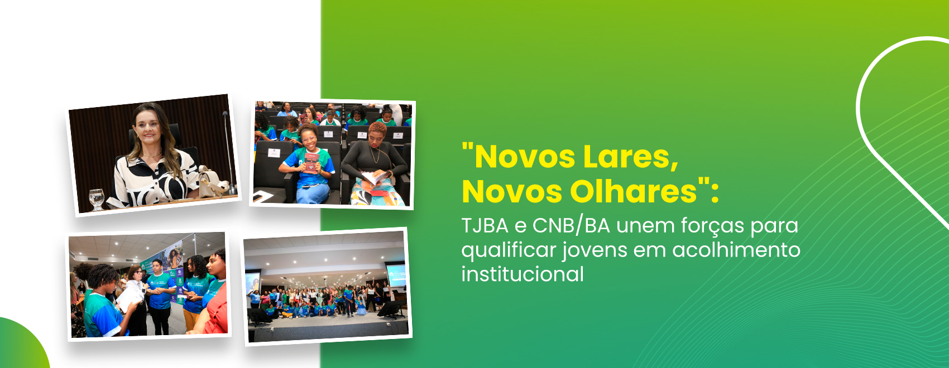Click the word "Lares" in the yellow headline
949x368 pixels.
click(x=631, y=157)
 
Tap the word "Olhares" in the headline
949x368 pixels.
click(x=634, y=192)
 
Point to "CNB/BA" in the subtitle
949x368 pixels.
click(x=571, y=226)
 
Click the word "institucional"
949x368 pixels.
click(x=523, y=274)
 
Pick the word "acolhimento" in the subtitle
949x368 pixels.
click(x=736, y=250)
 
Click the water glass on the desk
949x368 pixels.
click(x=97, y=199)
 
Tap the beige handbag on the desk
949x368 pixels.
click(x=212, y=183)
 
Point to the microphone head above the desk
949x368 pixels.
click(x=225, y=114)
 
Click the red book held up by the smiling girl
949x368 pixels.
click(x=311, y=163)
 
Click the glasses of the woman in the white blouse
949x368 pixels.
click(x=136, y=273)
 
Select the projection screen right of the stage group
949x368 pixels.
click(x=396, y=275)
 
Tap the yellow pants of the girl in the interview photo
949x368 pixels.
click(x=191, y=319)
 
